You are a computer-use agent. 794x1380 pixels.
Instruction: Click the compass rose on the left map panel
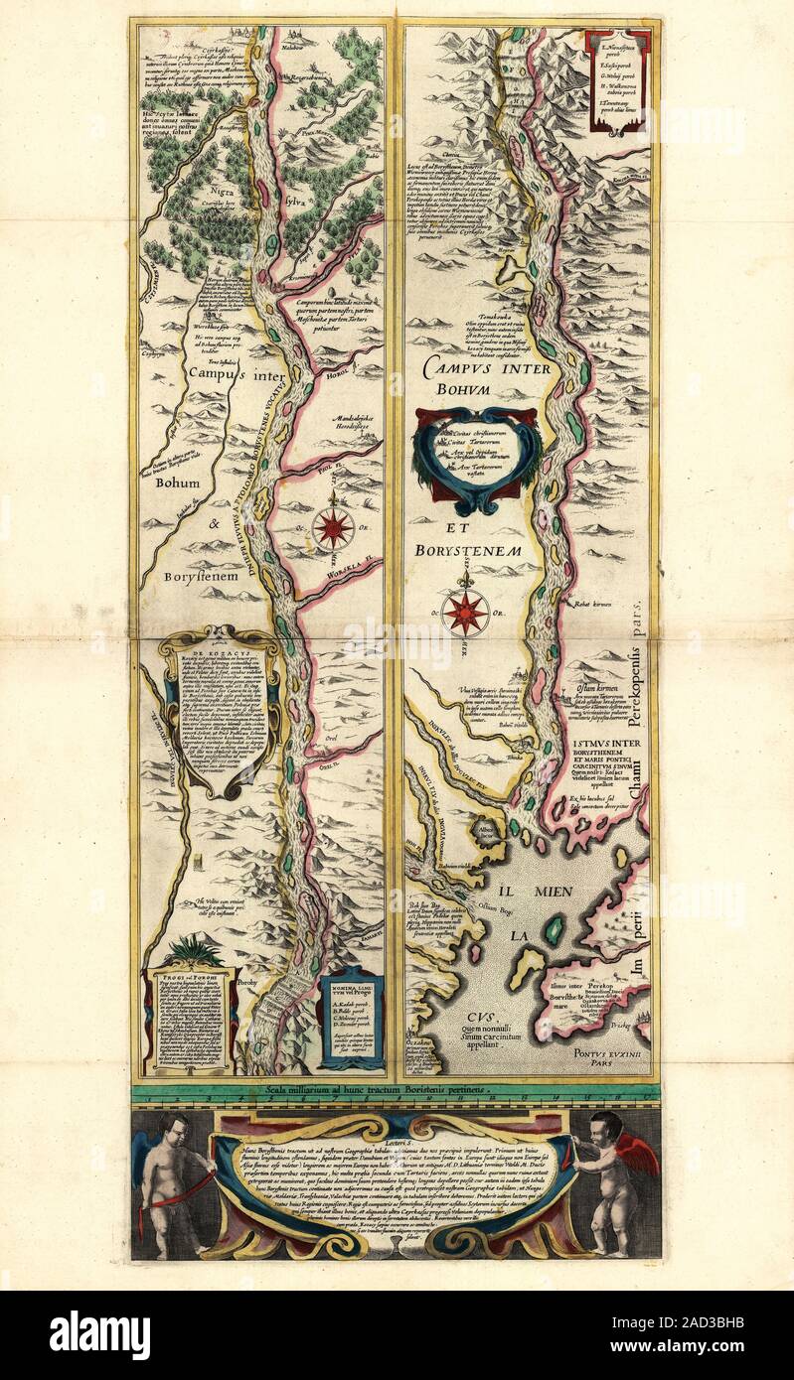click(332, 527)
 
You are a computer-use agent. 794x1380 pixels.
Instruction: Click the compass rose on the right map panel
click(465, 613)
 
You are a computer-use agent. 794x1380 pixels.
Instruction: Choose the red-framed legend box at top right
click(618, 78)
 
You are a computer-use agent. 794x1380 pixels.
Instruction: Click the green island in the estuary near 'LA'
click(554, 930)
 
